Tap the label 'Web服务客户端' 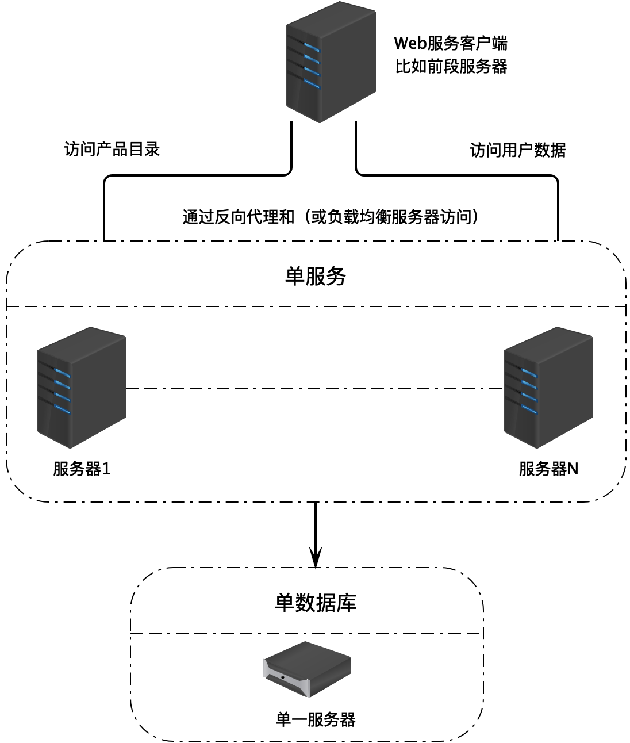(x=451, y=43)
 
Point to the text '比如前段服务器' (x=451, y=67)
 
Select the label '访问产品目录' (x=112, y=150)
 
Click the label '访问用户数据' (x=518, y=150)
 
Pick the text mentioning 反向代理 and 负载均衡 (x=331, y=217)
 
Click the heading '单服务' (x=316, y=277)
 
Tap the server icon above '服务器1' (x=81, y=388)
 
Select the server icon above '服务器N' (x=548, y=388)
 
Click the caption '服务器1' (x=82, y=469)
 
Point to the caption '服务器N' (x=548, y=469)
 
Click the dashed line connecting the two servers (x=314, y=389)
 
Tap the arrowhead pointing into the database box (x=316, y=558)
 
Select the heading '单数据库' (x=316, y=602)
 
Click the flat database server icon (x=307, y=669)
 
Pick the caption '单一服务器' (x=316, y=719)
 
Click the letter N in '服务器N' (x=573, y=469)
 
